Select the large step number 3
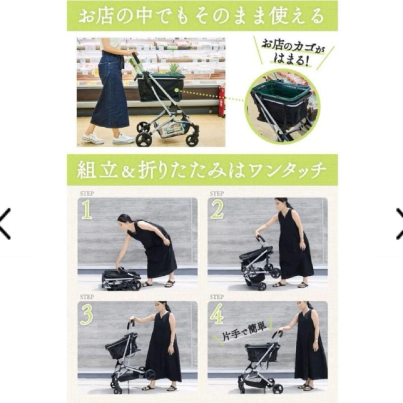pos(87,315)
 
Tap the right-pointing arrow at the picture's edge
pos(399,224)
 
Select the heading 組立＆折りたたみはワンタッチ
pos(202,170)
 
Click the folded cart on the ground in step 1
pos(120,279)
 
